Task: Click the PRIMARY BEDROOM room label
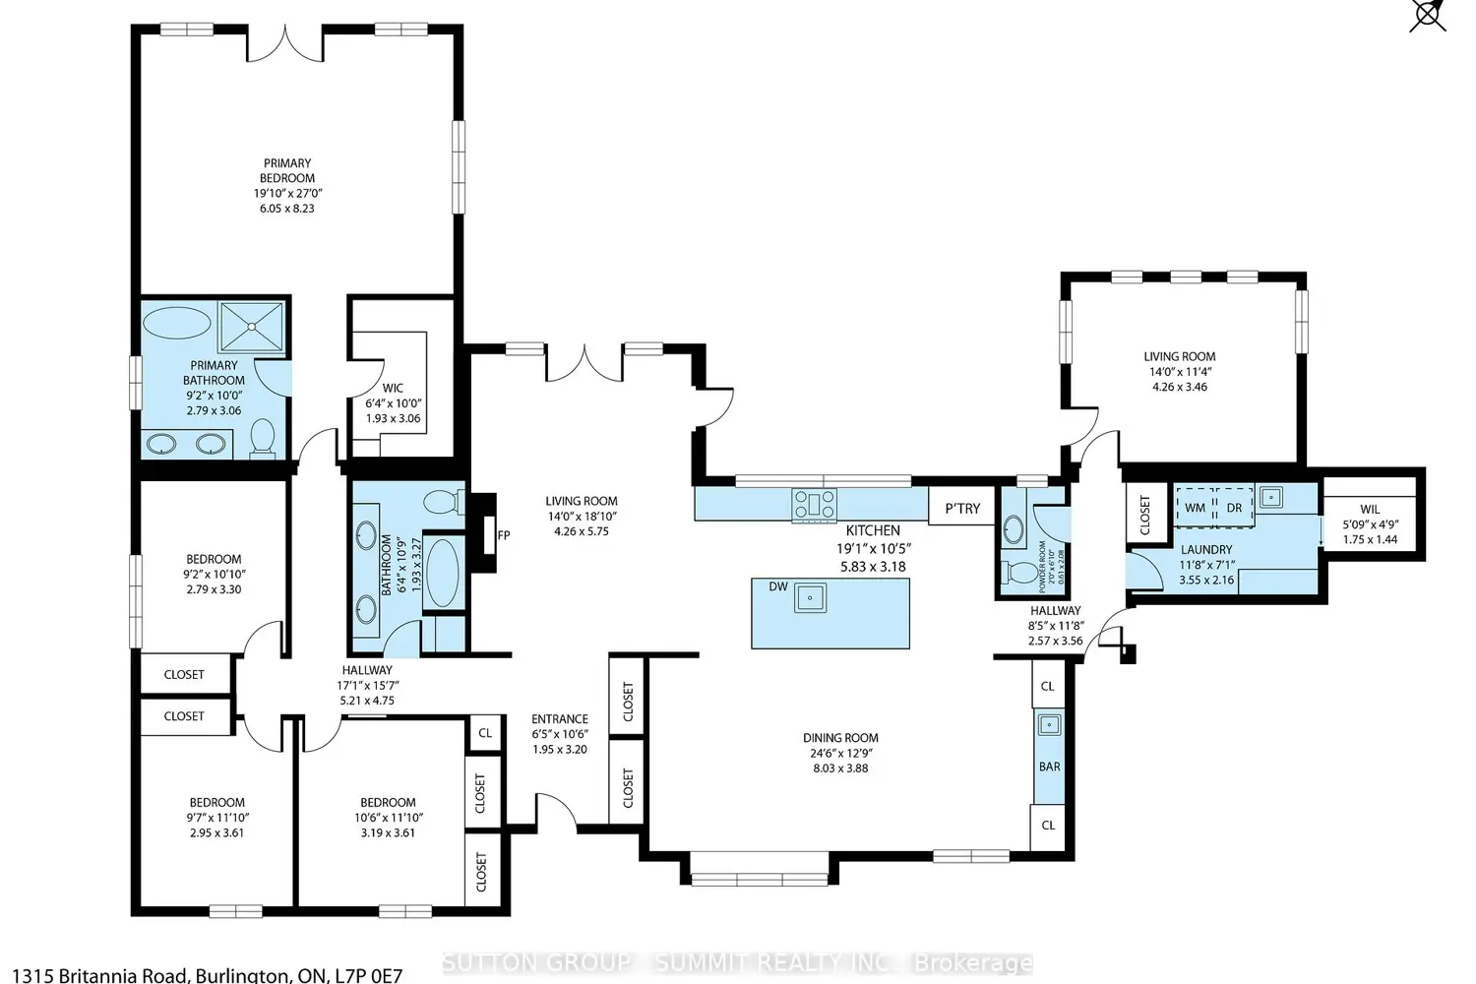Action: (287, 170)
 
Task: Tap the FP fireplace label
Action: (504, 535)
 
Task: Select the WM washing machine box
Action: (1195, 508)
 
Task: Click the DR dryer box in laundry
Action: (1234, 508)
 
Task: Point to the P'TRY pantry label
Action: (962, 508)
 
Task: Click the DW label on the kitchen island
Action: (778, 585)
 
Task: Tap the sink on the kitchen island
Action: (810, 598)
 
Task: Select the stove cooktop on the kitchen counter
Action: (815, 506)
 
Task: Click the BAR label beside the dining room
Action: (1049, 767)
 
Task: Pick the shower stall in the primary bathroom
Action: (251, 327)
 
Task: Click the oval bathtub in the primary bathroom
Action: (177, 323)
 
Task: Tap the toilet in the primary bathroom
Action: (263, 438)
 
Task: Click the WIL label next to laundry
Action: (1370, 510)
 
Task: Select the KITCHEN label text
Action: (873, 530)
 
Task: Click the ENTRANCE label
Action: (560, 719)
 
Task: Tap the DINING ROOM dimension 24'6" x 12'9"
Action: (840, 753)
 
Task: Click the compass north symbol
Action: (1428, 15)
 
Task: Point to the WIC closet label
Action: (393, 389)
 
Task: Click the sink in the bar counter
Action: (1048, 725)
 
